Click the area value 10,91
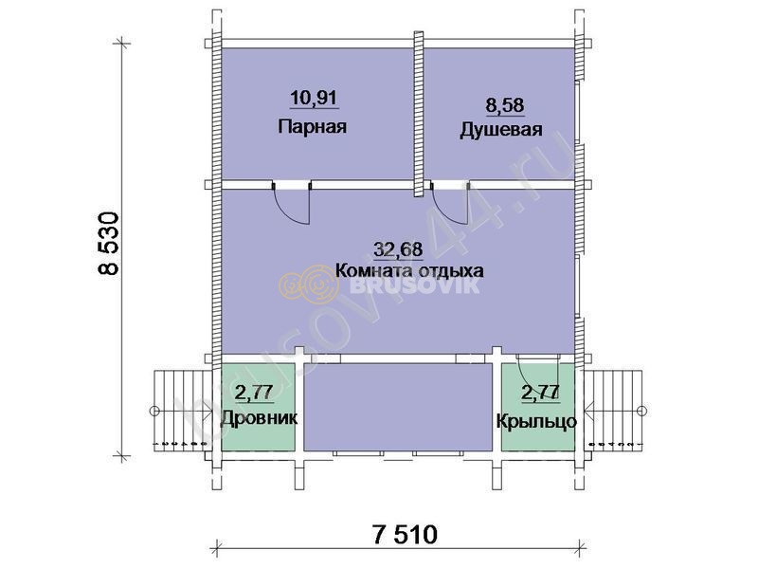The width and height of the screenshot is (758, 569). tap(313, 99)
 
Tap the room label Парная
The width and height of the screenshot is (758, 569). tap(313, 127)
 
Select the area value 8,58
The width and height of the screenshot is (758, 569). tap(505, 105)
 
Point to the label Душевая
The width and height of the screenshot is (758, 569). tap(501, 130)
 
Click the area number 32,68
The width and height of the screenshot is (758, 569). tap(398, 249)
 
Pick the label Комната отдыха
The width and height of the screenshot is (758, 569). tap(409, 270)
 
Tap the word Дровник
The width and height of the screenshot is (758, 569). tap(259, 417)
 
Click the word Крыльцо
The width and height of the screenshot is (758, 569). tap(536, 421)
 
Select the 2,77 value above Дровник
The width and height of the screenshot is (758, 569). tap(254, 393)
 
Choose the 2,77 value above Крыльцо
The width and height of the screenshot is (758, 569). tap(540, 393)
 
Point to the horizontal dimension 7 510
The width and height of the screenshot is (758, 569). tap(406, 535)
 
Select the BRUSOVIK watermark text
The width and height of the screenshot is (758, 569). tap(415, 285)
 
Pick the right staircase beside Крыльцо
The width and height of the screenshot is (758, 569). tap(614, 411)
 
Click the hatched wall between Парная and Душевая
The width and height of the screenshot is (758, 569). tap(419, 114)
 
